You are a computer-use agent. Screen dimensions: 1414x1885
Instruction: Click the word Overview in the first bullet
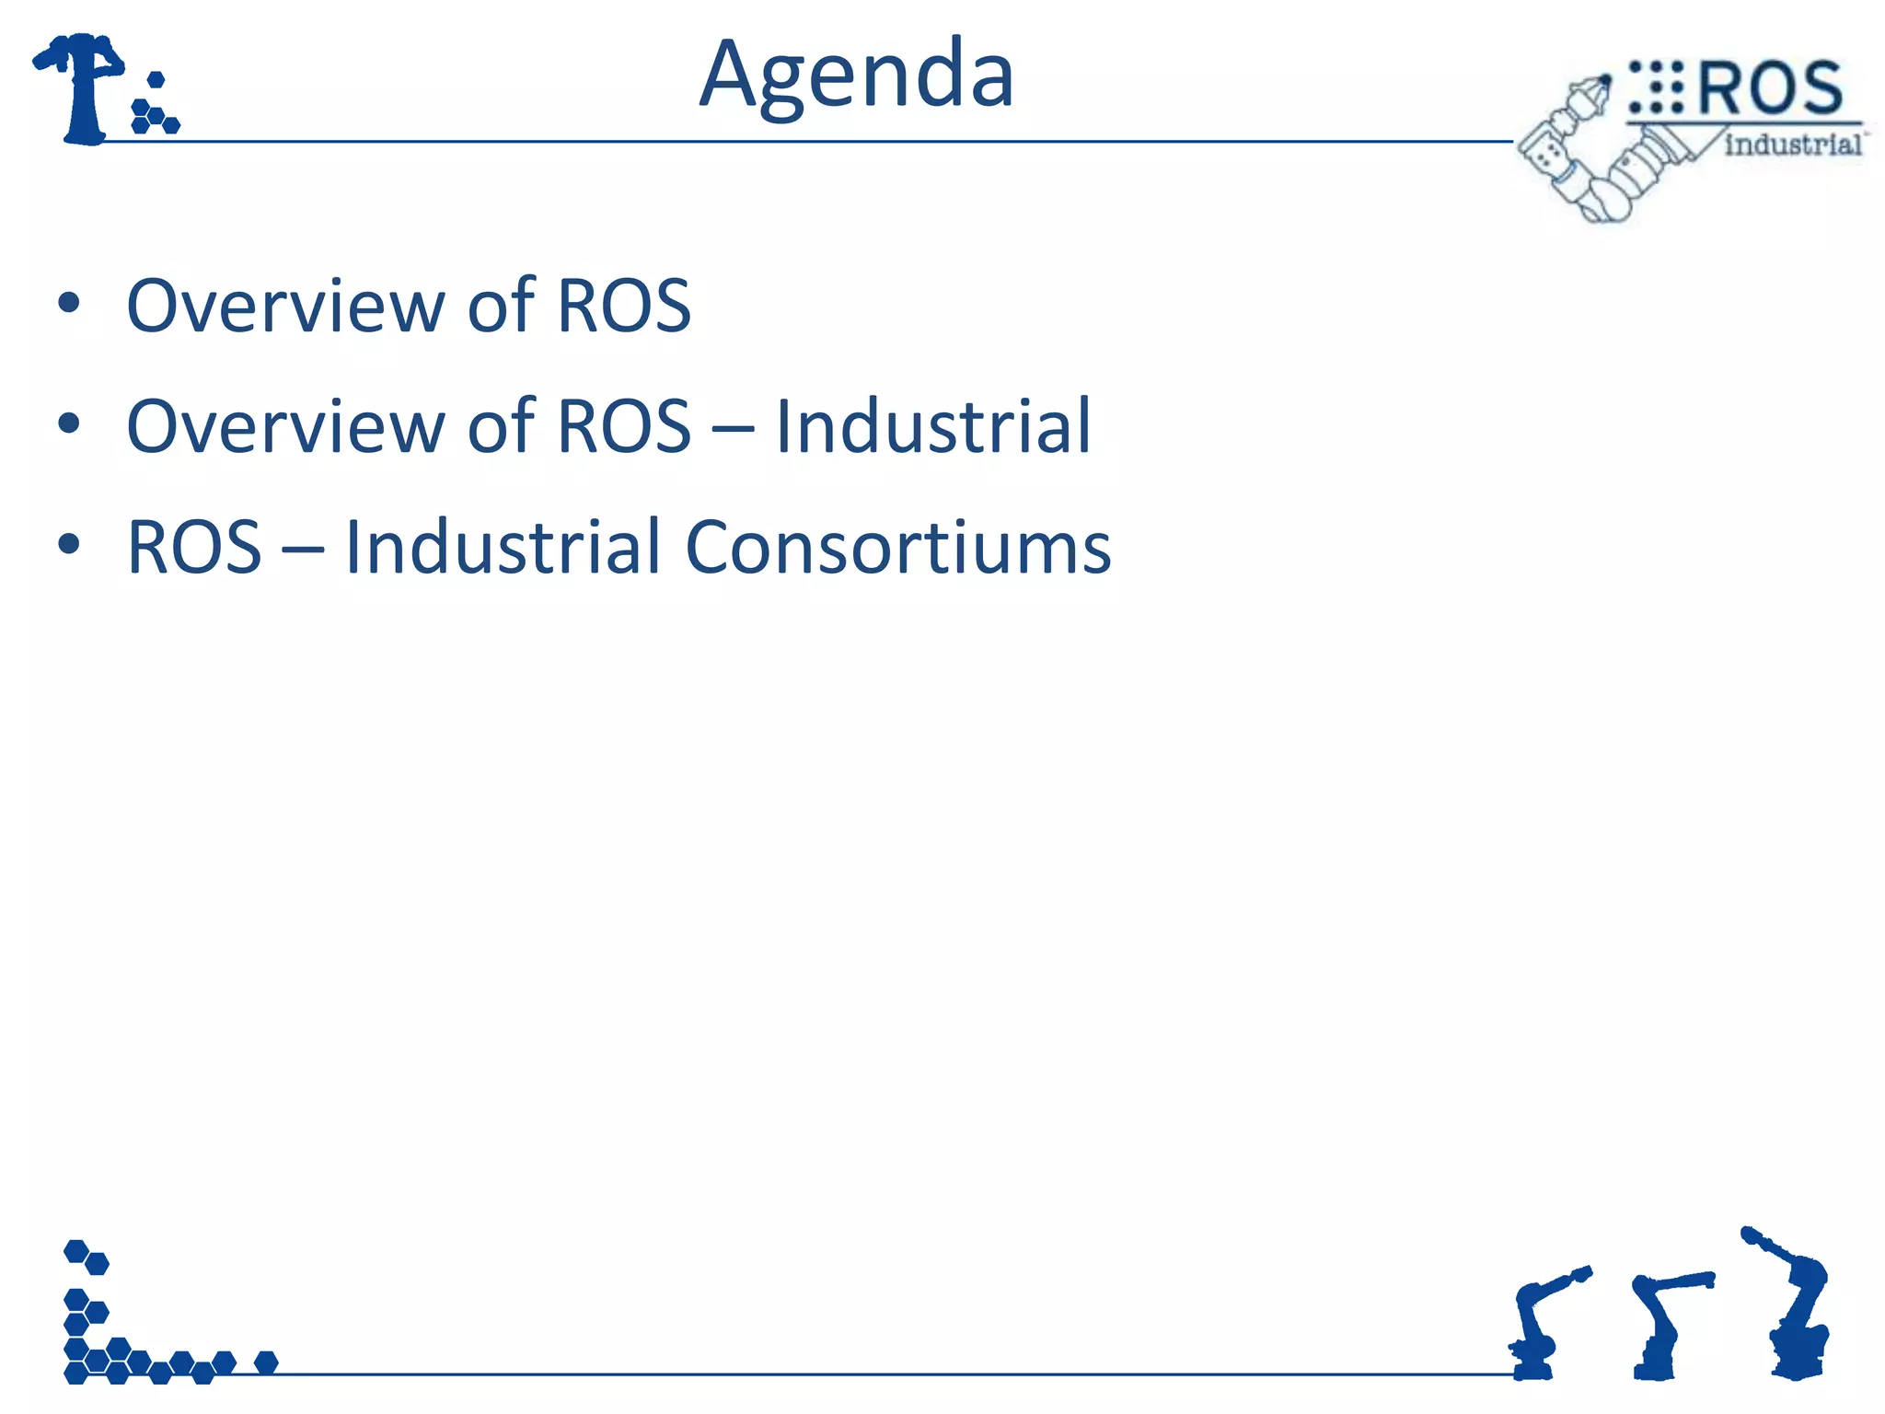[285, 306]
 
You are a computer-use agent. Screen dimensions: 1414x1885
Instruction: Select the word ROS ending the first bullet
[624, 306]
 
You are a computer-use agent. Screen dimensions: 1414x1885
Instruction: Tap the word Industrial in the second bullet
[932, 426]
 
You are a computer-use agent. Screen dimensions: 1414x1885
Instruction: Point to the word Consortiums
[897, 548]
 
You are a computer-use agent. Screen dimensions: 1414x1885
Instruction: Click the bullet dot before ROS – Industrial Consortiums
[69, 544]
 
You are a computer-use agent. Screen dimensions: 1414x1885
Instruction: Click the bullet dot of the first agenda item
[69, 303]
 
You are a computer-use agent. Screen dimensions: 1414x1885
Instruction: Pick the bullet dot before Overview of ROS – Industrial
[69, 423]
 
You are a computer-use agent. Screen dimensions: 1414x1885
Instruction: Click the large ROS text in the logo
[1769, 88]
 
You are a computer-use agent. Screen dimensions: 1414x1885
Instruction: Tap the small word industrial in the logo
[1792, 145]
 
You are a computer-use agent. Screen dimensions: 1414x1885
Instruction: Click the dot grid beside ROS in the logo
[1655, 87]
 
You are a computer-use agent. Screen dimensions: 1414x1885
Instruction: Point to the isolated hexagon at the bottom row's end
[266, 1362]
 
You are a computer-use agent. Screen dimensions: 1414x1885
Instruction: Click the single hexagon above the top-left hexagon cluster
[156, 80]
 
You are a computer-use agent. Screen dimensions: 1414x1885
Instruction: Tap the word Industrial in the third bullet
[503, 548]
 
